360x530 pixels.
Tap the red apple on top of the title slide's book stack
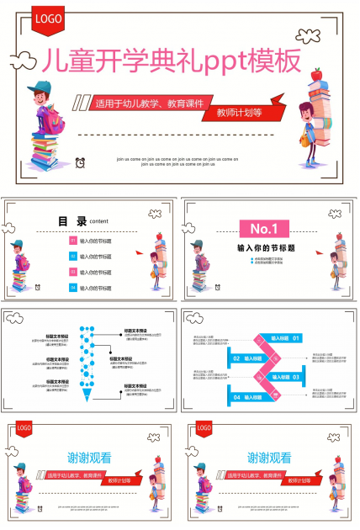point(316,75)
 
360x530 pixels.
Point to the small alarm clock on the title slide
point(81,162)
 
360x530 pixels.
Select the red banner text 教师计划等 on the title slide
point(240,112)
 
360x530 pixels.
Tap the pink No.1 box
point(264,227)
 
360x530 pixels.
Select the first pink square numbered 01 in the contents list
point(72,241)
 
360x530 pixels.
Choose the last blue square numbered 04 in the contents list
point(72,288)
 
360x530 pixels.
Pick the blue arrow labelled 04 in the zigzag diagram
point(242,396)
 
